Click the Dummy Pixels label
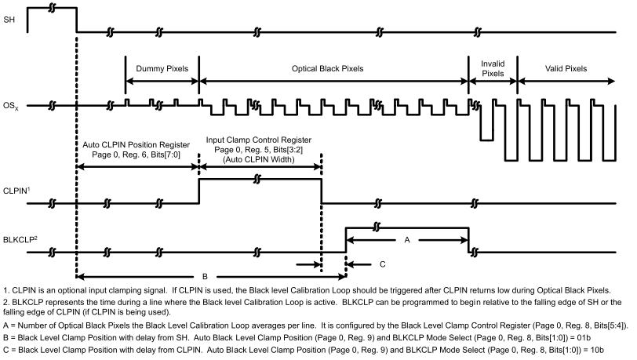point(162,68)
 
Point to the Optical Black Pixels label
point(334,68)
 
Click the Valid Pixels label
point(566,68)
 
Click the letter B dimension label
point(205,276)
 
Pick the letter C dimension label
point(381,264)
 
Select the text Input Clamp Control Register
point(260,139)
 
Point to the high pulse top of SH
point(52,8)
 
